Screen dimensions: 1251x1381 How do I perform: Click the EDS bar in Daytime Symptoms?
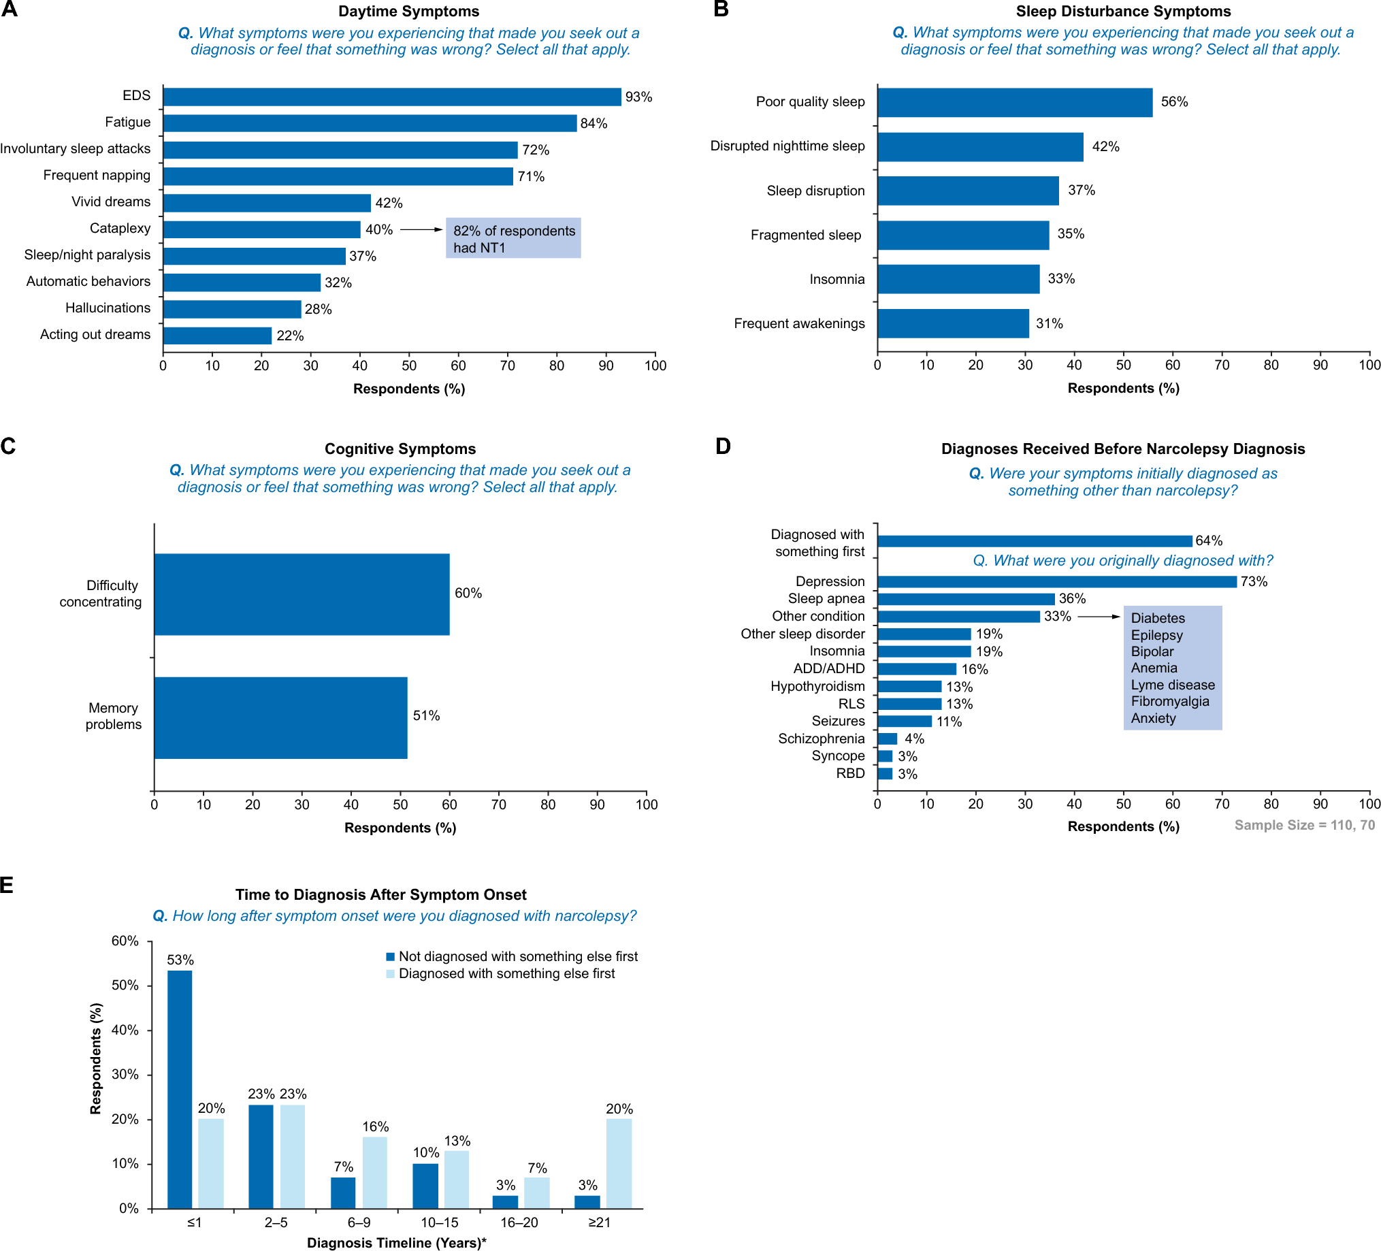tap(392, 97)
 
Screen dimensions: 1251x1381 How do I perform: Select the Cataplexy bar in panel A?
tap(261, 229)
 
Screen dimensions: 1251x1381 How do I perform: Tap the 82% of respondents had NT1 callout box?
tap(513, 238)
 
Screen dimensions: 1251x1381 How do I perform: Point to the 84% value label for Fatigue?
tap(594, 123)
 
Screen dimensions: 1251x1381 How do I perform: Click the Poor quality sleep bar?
tap(1015, 102)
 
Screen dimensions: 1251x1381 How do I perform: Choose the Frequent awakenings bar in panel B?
tap(953, 323)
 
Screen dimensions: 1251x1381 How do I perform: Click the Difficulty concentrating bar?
tap(302, 594)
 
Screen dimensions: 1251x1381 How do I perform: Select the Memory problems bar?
tap(281, 717)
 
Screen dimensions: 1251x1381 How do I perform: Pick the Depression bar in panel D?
tap(1056, 582)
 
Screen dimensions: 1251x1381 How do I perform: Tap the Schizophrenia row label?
tap(821, 738)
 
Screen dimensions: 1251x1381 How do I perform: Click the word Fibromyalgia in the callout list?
tap(1170, 701)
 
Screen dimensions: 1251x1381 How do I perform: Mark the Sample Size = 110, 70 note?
tap(1304, 825)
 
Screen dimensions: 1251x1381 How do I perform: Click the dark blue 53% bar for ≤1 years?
tap(180, 1088)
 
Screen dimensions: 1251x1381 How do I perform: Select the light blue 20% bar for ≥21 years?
tap(619, 1163)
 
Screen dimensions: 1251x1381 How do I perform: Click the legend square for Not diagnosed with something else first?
tap(391, 956)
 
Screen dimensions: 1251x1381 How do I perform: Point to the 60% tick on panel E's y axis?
tap(125, 941)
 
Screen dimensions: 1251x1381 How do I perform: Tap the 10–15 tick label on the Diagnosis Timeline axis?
tap(439, 1222)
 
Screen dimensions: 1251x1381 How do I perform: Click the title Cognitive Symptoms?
tap(400, 449)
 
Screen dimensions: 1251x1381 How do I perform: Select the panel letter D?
tap(723, 446)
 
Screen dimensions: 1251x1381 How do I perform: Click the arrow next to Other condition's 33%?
tap(1099, 617)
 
